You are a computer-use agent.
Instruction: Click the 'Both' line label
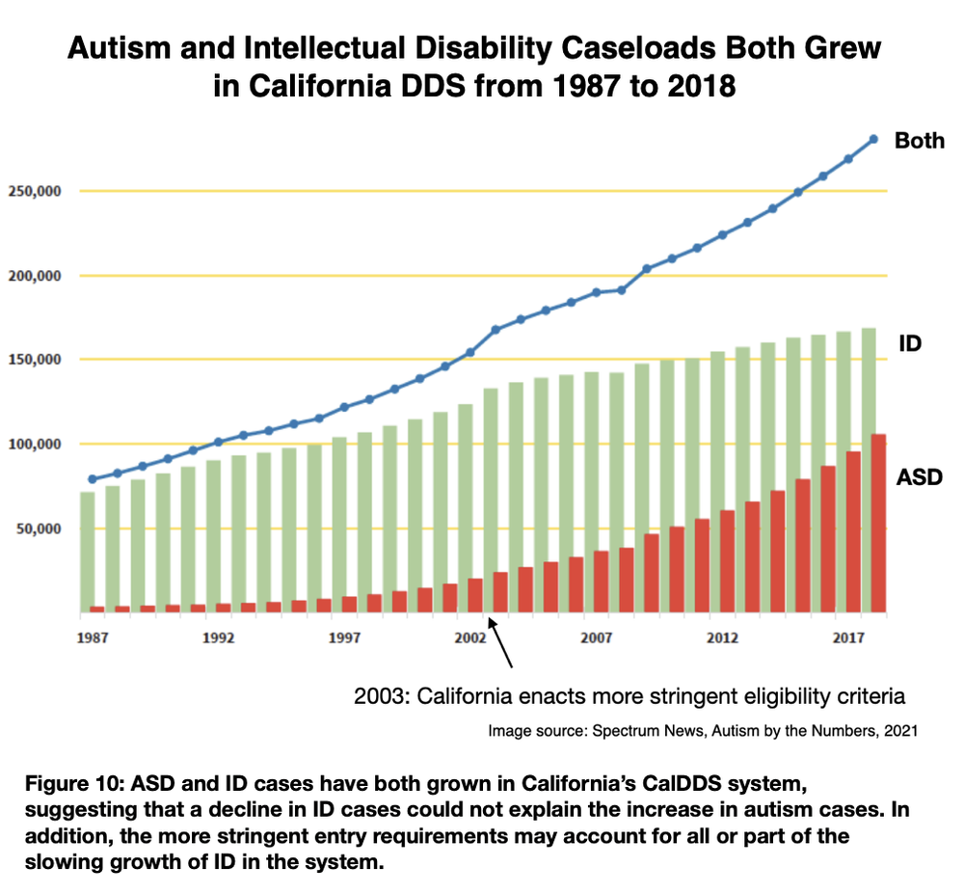tap(920, 141)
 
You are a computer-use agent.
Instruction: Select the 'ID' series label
tap(910, 342)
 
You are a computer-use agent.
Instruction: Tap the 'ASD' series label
tap(919, 476)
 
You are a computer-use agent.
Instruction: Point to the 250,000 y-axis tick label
tap(35, 191)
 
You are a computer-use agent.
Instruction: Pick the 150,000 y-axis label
tap(35, 360)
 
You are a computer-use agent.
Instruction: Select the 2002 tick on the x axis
tap(470, 638)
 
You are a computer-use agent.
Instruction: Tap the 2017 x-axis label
tap(847, 638)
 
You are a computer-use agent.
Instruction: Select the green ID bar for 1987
tap(88, 550)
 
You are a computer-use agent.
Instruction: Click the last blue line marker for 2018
tap(873, 139)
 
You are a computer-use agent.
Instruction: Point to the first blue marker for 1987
tap(93, 479)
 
